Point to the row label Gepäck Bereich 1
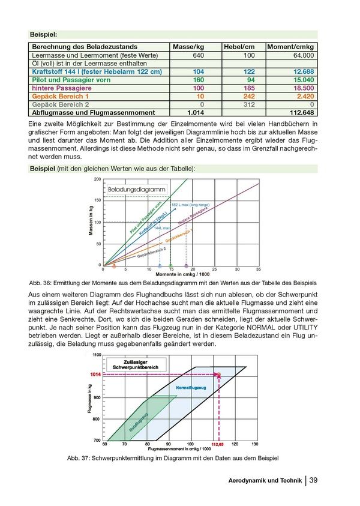tap(61, 96)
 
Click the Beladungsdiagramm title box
tap(136, 190)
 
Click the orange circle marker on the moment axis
tap(114, 265)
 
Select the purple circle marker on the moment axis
tap(186, 265)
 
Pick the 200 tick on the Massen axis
tap(97, 179)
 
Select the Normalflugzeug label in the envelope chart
tap(191, 389)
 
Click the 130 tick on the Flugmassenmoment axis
tap(255, 444)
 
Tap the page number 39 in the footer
tap(313, 480)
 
